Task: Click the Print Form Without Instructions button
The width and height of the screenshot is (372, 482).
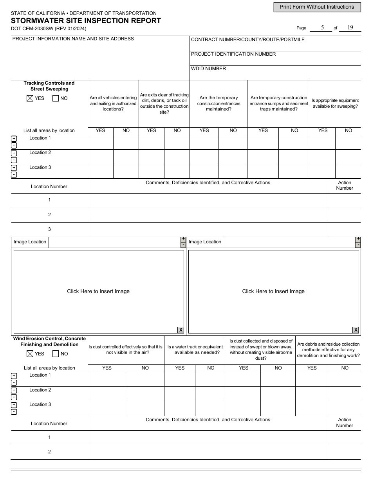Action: [x=316, y=7]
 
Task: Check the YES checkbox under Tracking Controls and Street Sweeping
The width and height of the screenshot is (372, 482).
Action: [x=29, y=98]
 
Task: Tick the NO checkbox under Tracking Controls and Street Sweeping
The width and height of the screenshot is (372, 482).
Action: [x=56, y=98]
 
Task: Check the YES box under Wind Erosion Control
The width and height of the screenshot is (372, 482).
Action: [x=29, y=354]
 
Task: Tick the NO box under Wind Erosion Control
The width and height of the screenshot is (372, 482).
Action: [x=56, y=354]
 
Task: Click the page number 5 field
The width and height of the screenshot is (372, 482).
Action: [x=322, y=27]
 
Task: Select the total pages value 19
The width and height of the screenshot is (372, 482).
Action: [x=350, y=27]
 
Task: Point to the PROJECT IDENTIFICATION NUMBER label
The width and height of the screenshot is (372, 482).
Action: [x=233, y=54]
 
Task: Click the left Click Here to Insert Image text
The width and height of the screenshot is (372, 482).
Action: [x=98, y=291]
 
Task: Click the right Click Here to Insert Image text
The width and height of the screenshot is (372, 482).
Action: [x=273, y=291]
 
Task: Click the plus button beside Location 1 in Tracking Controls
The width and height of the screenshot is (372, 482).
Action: [x=14, y=139]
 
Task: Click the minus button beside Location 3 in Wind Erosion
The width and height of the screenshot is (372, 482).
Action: [x=14, y=412]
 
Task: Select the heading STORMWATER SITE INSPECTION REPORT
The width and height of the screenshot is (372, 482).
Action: [x=86, y=21]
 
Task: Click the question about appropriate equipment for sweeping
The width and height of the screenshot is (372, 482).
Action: [x=335, y=103]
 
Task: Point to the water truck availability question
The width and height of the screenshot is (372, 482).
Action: [x=195, y=350]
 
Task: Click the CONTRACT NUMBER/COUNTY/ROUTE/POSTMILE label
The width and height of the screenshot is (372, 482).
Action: [x=247, y=40]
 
